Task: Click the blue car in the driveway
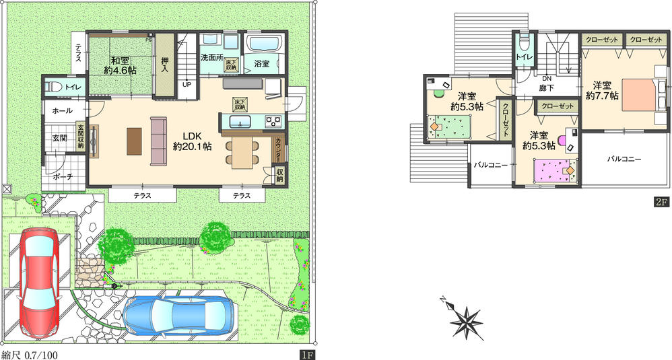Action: click(x=180, y=314)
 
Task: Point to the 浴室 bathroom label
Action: click(x=262, y=64)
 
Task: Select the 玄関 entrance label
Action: click(x=60, y=139)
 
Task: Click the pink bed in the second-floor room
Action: click(x=556, y=170)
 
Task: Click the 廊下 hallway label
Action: click(x=547, y=87)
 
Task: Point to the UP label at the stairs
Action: click(x=187, y=85)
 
